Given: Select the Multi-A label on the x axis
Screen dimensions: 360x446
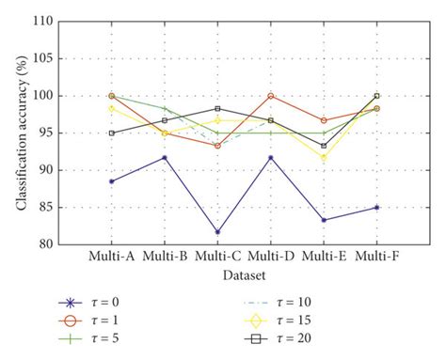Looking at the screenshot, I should tap(111, 257).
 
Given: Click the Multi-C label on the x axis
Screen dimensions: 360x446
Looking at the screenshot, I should tap(217, 257).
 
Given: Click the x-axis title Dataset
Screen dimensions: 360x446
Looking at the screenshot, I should tap(244, 275).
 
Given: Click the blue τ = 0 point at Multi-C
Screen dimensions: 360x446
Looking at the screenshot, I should tap(217, 232).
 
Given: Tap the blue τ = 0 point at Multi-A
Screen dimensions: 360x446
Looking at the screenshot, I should tap(111, 181).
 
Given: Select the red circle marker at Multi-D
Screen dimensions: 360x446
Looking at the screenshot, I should tap(271, 96).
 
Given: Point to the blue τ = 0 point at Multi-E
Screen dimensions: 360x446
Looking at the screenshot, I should tap(324, 220).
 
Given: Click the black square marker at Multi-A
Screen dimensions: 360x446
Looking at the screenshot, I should tap(111, 133).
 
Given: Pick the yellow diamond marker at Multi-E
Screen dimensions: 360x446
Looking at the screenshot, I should tap(324, 158).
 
